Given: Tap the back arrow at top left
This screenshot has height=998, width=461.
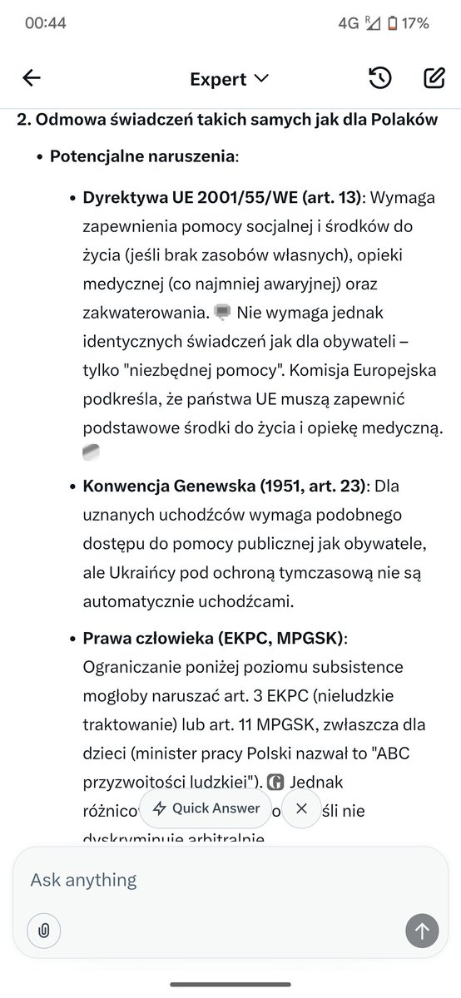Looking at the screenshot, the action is click(x=32, y=79).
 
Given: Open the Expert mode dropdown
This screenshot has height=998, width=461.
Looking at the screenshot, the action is click(x=230, y=79).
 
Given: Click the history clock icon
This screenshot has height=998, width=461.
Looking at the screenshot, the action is click(x=379, y=79).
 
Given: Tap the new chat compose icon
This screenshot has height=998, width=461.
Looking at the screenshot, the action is click(x=434, y=79).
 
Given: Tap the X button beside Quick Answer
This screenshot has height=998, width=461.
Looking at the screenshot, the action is click(x=301, y=808).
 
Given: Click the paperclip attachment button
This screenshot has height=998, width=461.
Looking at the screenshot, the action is click(x=44, y=931).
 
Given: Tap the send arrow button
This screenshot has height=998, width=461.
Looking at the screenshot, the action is click(x=422, y=931).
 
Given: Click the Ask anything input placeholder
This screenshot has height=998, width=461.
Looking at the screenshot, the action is click(x=84, y=879).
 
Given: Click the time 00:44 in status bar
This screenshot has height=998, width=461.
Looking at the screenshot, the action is click(x=46, y=23).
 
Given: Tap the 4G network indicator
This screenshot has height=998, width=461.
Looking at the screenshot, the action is click(x=348, y=23).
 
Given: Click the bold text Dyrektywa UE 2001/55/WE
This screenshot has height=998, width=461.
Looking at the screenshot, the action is click(x=222, y=198).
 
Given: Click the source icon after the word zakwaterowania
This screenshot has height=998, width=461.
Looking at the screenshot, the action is click(x=222, y=313).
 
